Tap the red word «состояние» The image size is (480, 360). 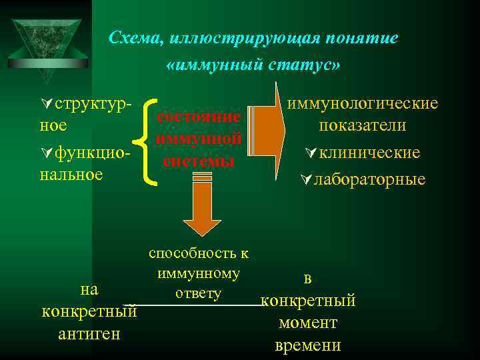[x=199, y=117]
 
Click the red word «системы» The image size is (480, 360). [x=199, y=161]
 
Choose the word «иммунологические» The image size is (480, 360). [x=363, y=103]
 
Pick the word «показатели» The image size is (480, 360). [x=363, y=126]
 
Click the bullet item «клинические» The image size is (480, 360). [x=369, y=153]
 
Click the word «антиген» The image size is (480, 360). [x=89, y=333]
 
